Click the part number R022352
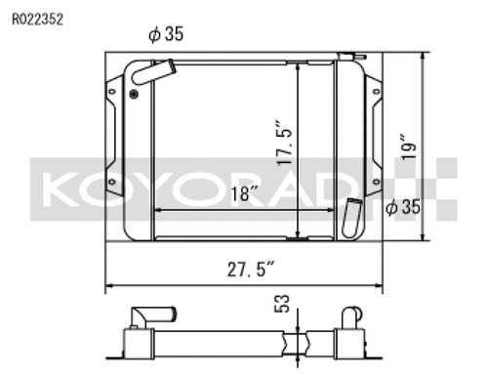(38, 18)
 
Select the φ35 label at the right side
(403, 207)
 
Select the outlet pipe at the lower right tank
(352, 214)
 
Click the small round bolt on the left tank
(133, 95)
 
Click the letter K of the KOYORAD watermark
(61, 186)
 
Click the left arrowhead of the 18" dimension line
(157, 209)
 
